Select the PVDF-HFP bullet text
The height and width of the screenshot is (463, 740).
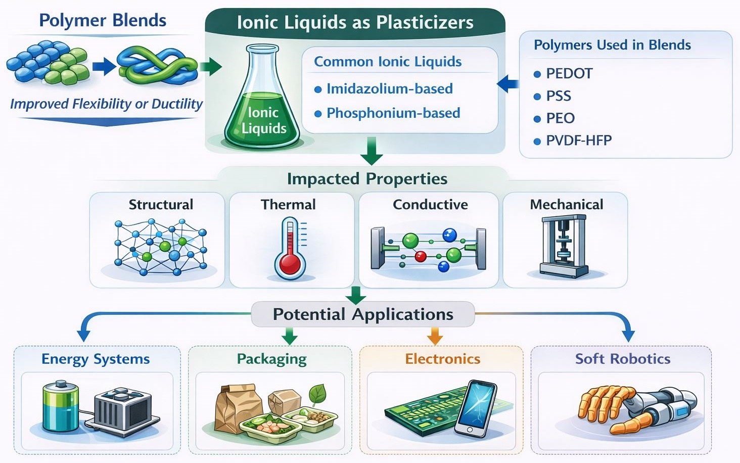pyautogui.click(x=579, y=141)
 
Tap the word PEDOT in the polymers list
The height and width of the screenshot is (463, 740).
pyautogui.click(x=569, y=73)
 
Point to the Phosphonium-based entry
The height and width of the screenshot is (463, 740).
pyautogui.click(x=393, y=113)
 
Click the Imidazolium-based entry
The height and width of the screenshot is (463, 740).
pyautogui.click(x=390, y=88)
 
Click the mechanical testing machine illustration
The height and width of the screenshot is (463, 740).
pyautogui.click(x=564, y=246)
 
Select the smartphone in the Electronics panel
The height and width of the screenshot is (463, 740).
pyautogui.click(x=476, y=408)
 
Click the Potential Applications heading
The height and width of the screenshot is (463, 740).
pyautogui.click(x=363, y=314)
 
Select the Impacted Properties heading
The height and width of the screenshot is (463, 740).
pyautogui.click(x=367, y=178)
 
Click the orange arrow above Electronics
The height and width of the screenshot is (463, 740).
pyautogui.click(x=435, y=336)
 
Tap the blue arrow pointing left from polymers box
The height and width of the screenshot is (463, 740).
pyautogui.click(x=508, y=84)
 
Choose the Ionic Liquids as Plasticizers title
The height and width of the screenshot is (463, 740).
pyautogui.click(x=355, y=22)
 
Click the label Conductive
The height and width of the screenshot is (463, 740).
pyautogui.click(x=430, y=204)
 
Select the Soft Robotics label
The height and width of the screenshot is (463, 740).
pyautogui.click(x=623, y=359)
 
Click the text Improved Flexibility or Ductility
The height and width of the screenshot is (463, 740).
pyautogui.click(x=106, y=104)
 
